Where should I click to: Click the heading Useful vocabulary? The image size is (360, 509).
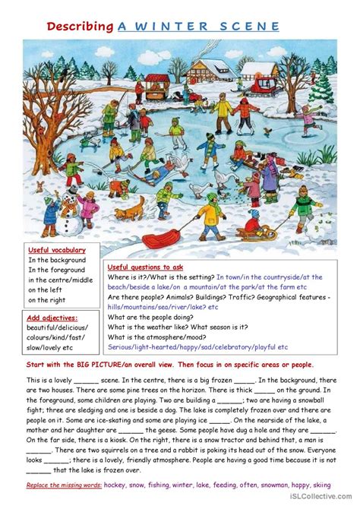[x=57, y=250]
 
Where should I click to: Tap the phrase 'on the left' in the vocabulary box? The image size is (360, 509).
[x=46, y=280]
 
